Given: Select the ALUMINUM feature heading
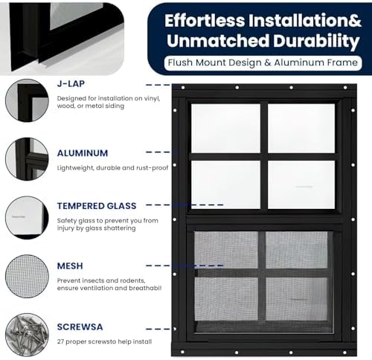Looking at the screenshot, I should [x=82, y=153].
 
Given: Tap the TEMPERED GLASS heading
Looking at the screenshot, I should [x=96, y=205].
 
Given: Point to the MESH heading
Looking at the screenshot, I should [x=70, y=266].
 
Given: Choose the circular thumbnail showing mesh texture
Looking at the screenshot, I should [x=27, y=277].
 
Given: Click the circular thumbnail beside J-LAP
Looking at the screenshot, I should [x=27, y=100].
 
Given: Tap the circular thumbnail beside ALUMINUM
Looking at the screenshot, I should [x=27, y=158].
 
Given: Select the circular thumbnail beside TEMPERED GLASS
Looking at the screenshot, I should [x=27, y=217].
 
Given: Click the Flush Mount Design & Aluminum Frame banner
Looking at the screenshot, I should [x=263, y=63].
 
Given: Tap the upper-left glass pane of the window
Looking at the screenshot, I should [x=225, y=128].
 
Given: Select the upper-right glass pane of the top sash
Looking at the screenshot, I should [x=301, y=128].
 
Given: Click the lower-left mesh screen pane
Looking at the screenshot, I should [x=226, y=250].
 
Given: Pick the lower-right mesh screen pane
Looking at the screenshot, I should [x=298, y=250].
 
